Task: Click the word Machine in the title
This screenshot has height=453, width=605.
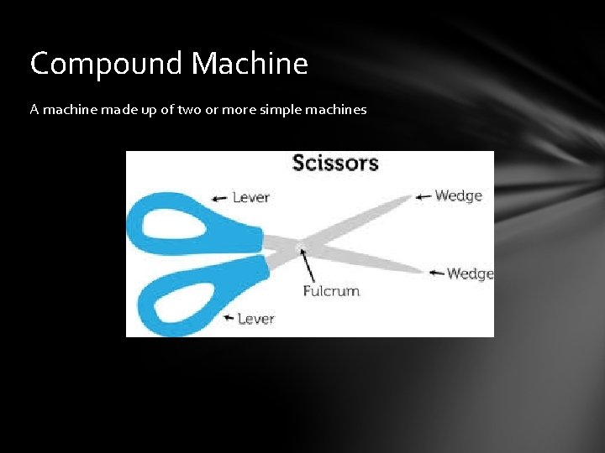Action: (x=250, y=64)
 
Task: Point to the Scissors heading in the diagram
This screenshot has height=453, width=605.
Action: (x=335, y=163)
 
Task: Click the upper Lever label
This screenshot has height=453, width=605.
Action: (x=250, y=198)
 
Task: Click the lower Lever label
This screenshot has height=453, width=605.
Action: (x=255, y=319)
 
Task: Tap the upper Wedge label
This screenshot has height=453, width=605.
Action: (x=458, y=196)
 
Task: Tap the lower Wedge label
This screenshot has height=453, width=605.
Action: (x=470, y=273)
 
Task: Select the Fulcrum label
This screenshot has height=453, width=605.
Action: (x=331, y=291)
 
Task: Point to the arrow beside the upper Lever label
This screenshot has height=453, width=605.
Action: (x=219, y=199)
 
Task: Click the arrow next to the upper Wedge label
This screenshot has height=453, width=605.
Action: (x=423, y=197)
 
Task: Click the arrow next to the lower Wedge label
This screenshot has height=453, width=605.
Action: (x=436, y=273)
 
